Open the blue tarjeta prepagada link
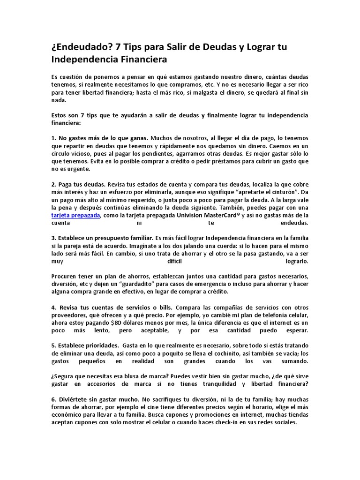tap(75, 215)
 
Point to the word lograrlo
tap(296, 261)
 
